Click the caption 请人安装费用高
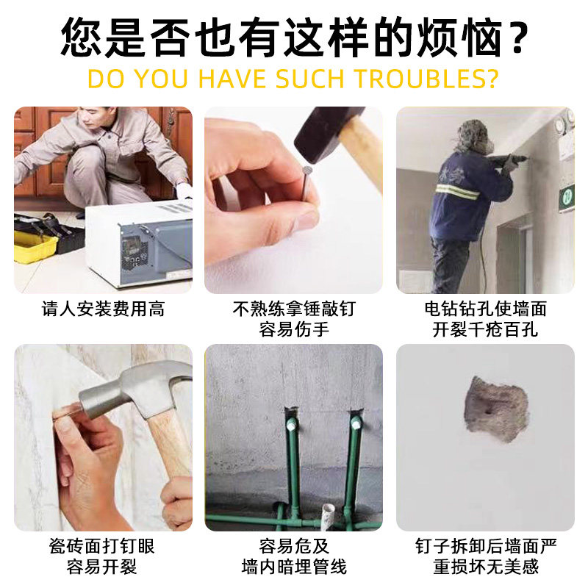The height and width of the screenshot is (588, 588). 103,309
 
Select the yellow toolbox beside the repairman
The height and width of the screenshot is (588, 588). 35,246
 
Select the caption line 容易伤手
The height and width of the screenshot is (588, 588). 293,329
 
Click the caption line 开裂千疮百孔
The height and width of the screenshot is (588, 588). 485,329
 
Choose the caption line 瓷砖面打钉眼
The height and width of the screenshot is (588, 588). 103,547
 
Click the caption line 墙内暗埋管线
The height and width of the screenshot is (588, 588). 293,567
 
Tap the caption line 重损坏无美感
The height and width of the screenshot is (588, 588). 485,567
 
